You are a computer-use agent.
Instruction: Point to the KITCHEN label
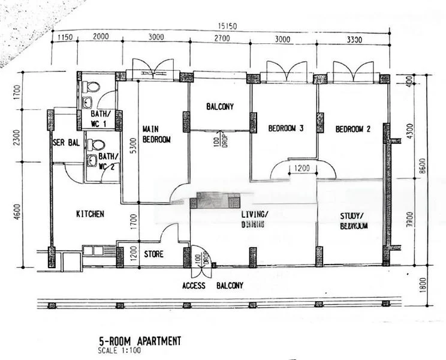[x=91, y=214]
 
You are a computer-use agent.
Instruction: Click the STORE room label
[x=153, y=254]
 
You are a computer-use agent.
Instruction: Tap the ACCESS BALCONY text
[x=213, y=286]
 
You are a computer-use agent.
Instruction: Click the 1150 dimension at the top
[x=64, y=37]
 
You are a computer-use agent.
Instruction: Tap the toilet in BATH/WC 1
[x=92, y=86]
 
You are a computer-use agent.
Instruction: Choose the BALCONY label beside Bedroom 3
[x=219, y=107]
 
